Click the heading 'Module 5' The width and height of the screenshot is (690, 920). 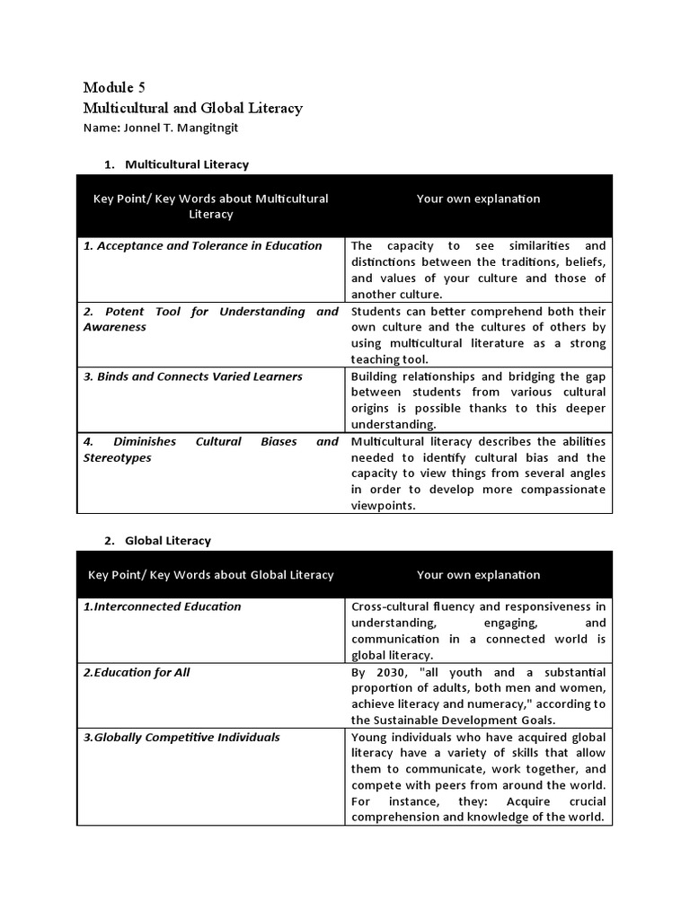pyautogui.click(x=113, y=87)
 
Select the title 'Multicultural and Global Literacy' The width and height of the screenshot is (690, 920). pyautogui.click(x=192, y=108)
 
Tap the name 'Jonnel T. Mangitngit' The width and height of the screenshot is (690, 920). pyautogui.click(x=161, y=128)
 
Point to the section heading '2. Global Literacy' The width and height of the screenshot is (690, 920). pyautogui.click(x=157, y=541)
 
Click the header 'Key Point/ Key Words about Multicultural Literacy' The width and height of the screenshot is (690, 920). pyautogui.click(x=211, y=206)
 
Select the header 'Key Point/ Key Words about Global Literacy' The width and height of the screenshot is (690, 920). pyautogui.click(x=211, y=575)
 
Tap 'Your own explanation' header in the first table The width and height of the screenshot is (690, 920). pyautogui.click(x=478, y=199)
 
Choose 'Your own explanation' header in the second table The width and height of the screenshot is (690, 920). pyautogui.click(x=478, y=575)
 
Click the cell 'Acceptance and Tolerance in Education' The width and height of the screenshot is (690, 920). pyautogui.click(x=202, y=245)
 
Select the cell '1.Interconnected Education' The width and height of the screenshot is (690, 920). pyautogui.click(x=163, y=606)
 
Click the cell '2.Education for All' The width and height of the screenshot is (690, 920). pyautogui.click(x=137, y=672)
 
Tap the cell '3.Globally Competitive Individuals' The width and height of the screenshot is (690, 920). pyautogui.click(x=181, y=737)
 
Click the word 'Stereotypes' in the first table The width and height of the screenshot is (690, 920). pyautogui.click(x=118, y=457)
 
